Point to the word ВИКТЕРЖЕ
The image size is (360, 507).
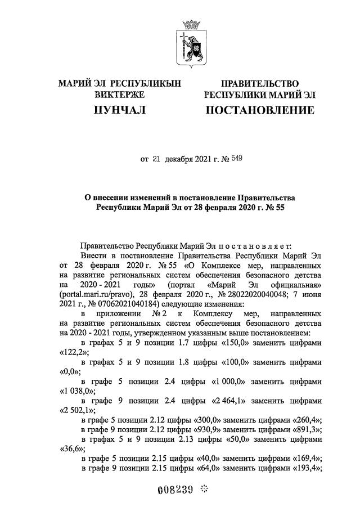pos(120,95)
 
